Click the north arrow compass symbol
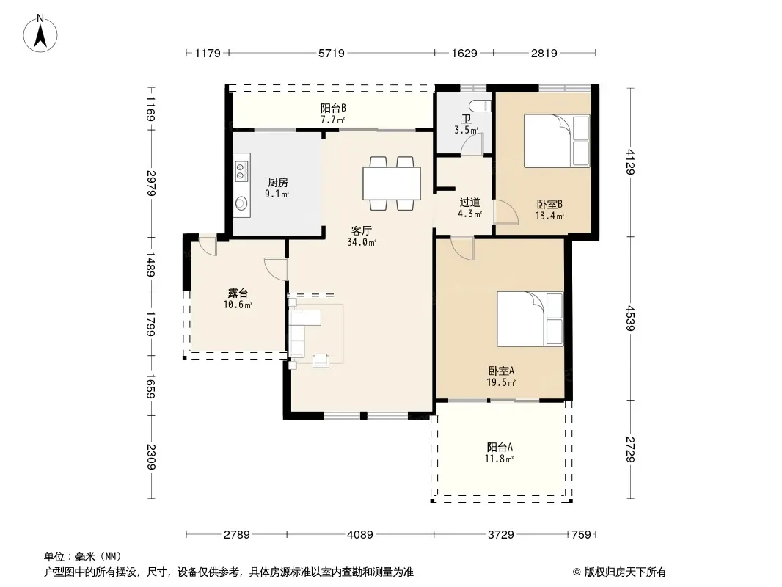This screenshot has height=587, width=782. (40, 33)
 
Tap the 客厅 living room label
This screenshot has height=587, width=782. (361, 231)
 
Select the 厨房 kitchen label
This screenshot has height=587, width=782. (278, 183)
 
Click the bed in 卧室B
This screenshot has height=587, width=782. (557, 141)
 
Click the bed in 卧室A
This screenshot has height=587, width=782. (530, 318)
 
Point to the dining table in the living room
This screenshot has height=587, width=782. (392, 183)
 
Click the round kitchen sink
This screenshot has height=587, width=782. (242, 203)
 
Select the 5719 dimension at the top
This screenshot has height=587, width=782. (332, 53)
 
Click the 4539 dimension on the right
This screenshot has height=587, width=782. (630, 318)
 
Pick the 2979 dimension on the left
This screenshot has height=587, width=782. (152, 183)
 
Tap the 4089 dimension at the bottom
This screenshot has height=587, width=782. (360, 535)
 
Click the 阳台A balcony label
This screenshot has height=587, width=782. (500, 448)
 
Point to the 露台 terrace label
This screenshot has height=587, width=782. (238, 293)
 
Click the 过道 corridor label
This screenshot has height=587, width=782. (469, 203)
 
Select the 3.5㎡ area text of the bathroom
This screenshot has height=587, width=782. (467, 130)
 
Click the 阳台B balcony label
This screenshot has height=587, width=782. (333, 108)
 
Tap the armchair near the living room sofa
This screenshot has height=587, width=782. (321, 360)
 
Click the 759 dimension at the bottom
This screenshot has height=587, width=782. (581, 535)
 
